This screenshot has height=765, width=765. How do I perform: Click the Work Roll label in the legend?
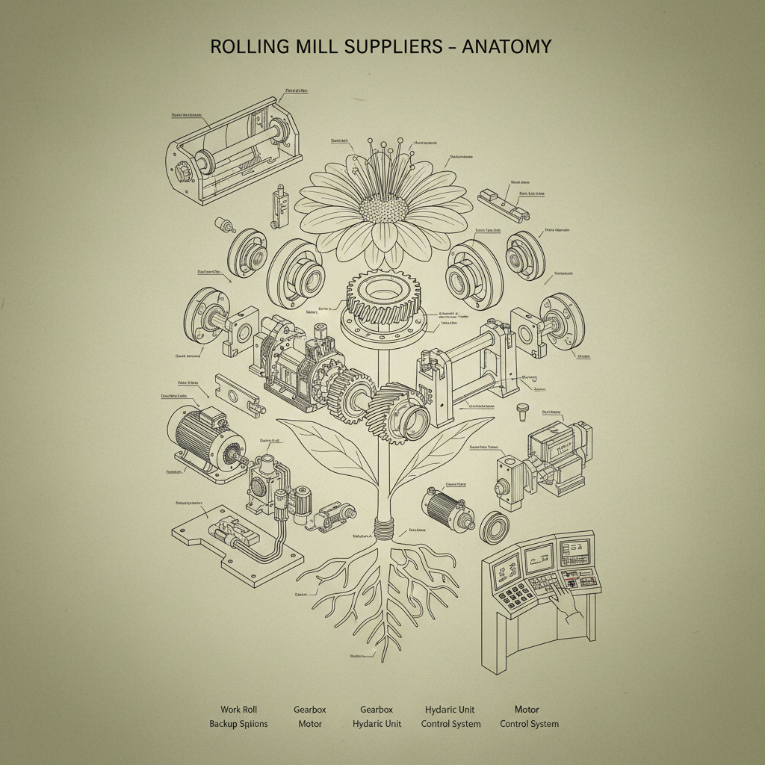238,709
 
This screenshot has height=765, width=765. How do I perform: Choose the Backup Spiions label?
238,724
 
